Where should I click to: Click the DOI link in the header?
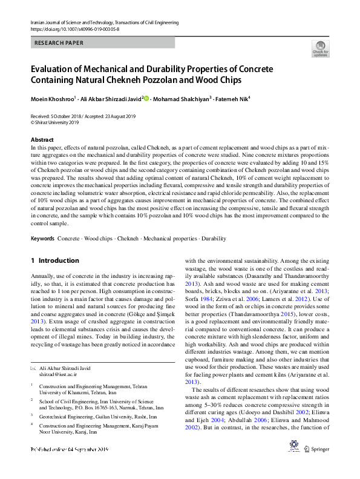coord(74,28)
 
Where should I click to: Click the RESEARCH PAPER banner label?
coord(59,43)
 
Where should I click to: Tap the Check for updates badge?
coord(320,49)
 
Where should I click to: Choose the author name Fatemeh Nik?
coord(233,99)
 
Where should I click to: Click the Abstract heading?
coord(42,139)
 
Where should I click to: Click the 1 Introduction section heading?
coord(54,260)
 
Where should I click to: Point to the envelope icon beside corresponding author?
coord(33,368)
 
